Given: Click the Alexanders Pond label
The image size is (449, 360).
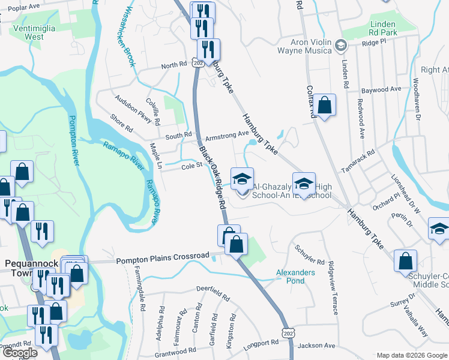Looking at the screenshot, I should [x=295, y=277].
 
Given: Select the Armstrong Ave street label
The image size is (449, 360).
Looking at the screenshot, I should [x=226, y=134].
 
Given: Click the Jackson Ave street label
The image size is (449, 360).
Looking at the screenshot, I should [x=316, y=345].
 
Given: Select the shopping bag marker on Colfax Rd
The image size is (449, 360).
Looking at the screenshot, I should [x=324, y=105].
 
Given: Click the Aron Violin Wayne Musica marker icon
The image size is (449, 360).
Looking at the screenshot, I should [x=340, y=46].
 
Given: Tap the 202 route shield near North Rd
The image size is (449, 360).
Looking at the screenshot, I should [x=197, y=62].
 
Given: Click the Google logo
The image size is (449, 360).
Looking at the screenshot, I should [x=20, y=352].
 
